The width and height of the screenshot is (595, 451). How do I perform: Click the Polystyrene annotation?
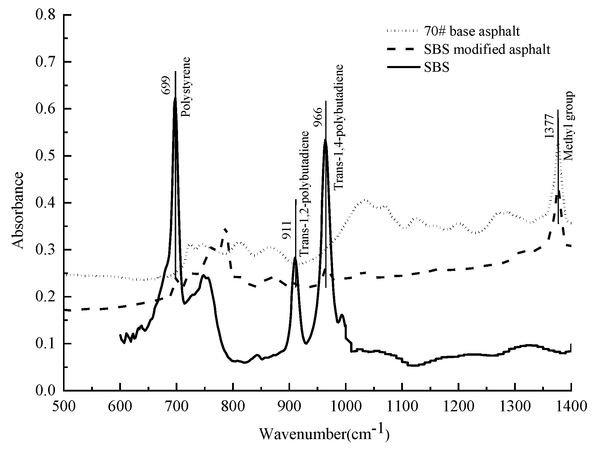click(186, 87)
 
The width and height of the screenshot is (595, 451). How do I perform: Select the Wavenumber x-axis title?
click(324, 434)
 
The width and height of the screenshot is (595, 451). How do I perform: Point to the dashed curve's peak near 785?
click(225, 229)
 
